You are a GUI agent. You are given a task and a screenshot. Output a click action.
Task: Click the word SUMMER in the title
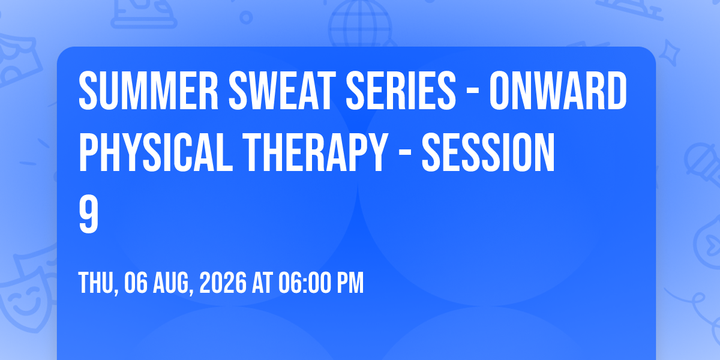click(x=149, y=91)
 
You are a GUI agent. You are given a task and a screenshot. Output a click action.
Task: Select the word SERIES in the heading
click(x=401, y=91)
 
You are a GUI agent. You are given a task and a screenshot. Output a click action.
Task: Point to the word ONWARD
click(x=558, y=91)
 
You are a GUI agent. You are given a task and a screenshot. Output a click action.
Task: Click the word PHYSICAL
click(x=155, y=152)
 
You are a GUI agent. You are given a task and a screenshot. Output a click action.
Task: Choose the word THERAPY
click(x=315, y=152)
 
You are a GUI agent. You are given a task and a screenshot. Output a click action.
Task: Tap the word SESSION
click(x=488, y=152)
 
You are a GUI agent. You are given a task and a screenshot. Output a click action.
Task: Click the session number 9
click(x=88, y=214)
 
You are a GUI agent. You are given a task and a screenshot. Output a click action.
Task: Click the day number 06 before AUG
click(x=136, y=283)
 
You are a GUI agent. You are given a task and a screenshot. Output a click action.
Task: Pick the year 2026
click(x=223, y=283)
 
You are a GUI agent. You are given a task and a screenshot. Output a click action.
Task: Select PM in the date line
click(x=350, y=283)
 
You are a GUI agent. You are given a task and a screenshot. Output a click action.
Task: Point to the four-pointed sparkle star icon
click(x=669, y=53)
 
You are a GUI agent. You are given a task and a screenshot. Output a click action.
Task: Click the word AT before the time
click(x=262, y=283)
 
